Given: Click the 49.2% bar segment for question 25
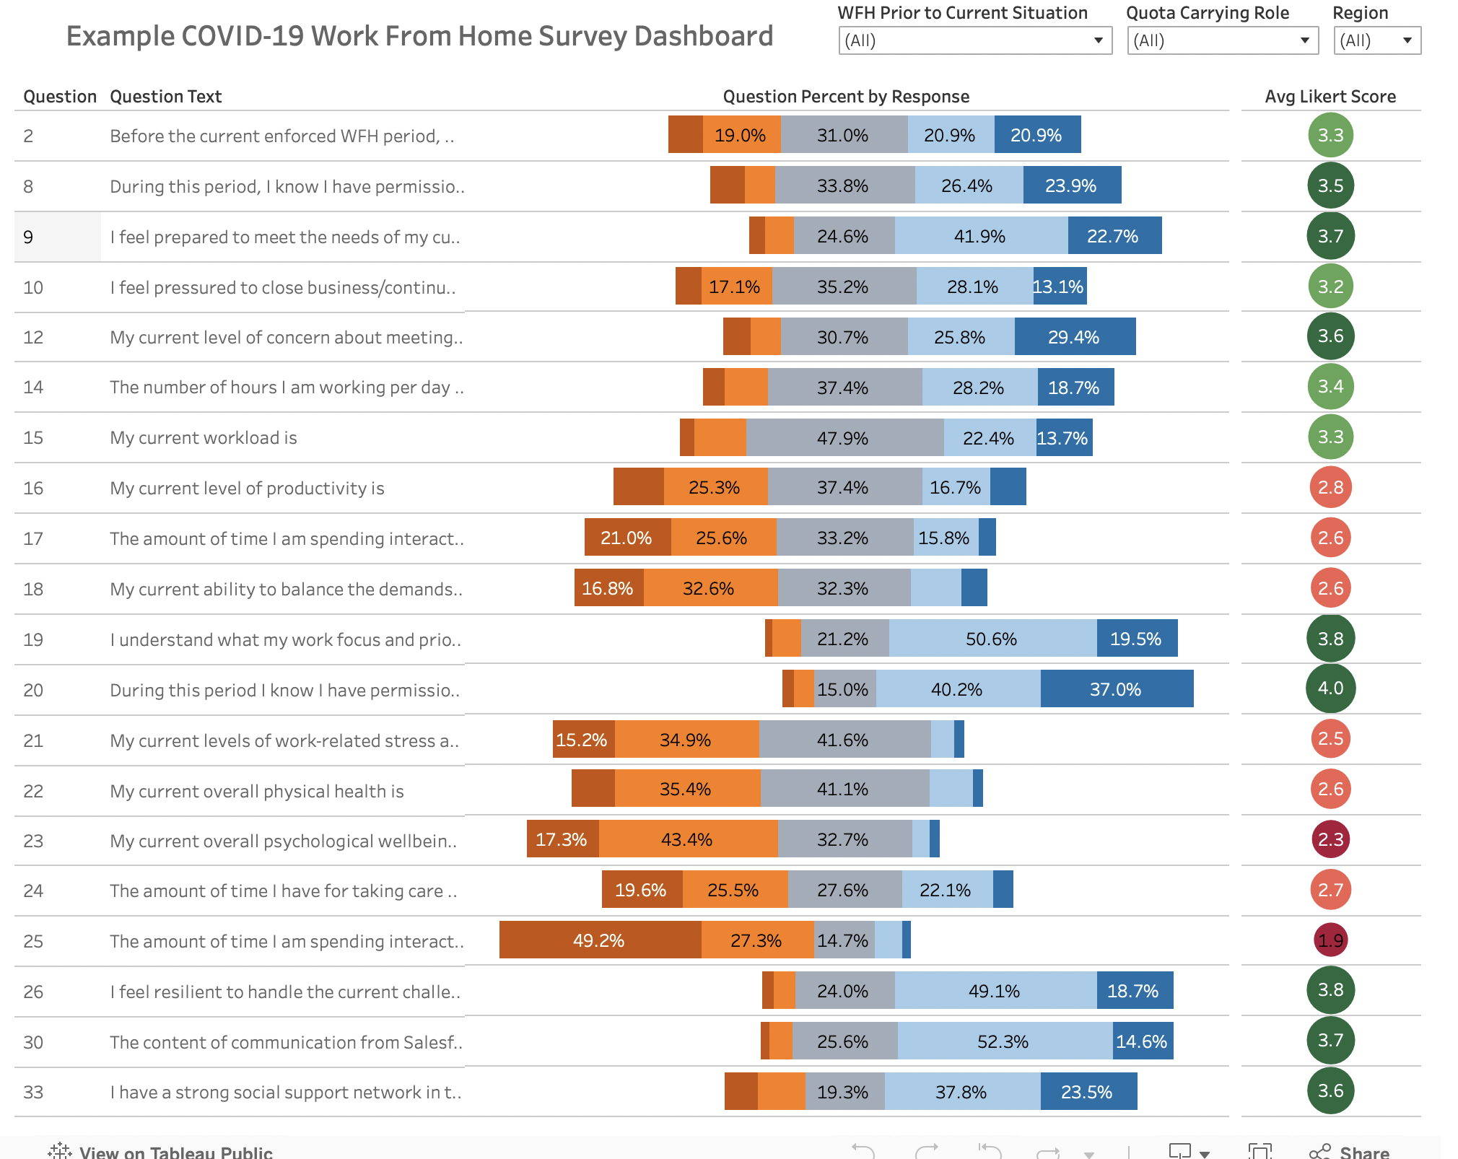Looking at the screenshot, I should tap(599, 940).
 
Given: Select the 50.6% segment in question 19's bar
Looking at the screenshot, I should tap(992, 639).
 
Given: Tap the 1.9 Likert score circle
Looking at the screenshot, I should tap(1330, 940).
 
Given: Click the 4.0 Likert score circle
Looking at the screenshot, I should tap(1330, 688).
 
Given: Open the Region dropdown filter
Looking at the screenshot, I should tap(1377, 40).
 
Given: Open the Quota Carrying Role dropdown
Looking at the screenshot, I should tap(1222, 40).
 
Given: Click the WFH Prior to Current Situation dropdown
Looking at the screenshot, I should tap(974, 40).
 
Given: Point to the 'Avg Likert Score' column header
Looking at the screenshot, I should tap(1330, 97).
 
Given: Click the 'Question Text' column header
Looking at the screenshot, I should tap(165, 97).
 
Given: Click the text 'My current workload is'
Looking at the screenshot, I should tap(204, 438).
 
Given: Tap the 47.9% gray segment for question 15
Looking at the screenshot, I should tap(844, 438).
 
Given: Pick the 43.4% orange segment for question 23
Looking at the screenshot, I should tap(687, 839).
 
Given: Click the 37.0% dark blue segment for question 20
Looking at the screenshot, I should tap(1116, 689).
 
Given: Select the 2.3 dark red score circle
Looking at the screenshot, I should tap(1330, 839).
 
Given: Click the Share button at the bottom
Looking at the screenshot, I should tap(1350, 1151).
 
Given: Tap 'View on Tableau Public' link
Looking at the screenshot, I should tap(175, 1152).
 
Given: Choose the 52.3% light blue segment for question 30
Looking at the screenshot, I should tap(1003, 1041).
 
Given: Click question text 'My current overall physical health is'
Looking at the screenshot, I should tap(256, 791).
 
